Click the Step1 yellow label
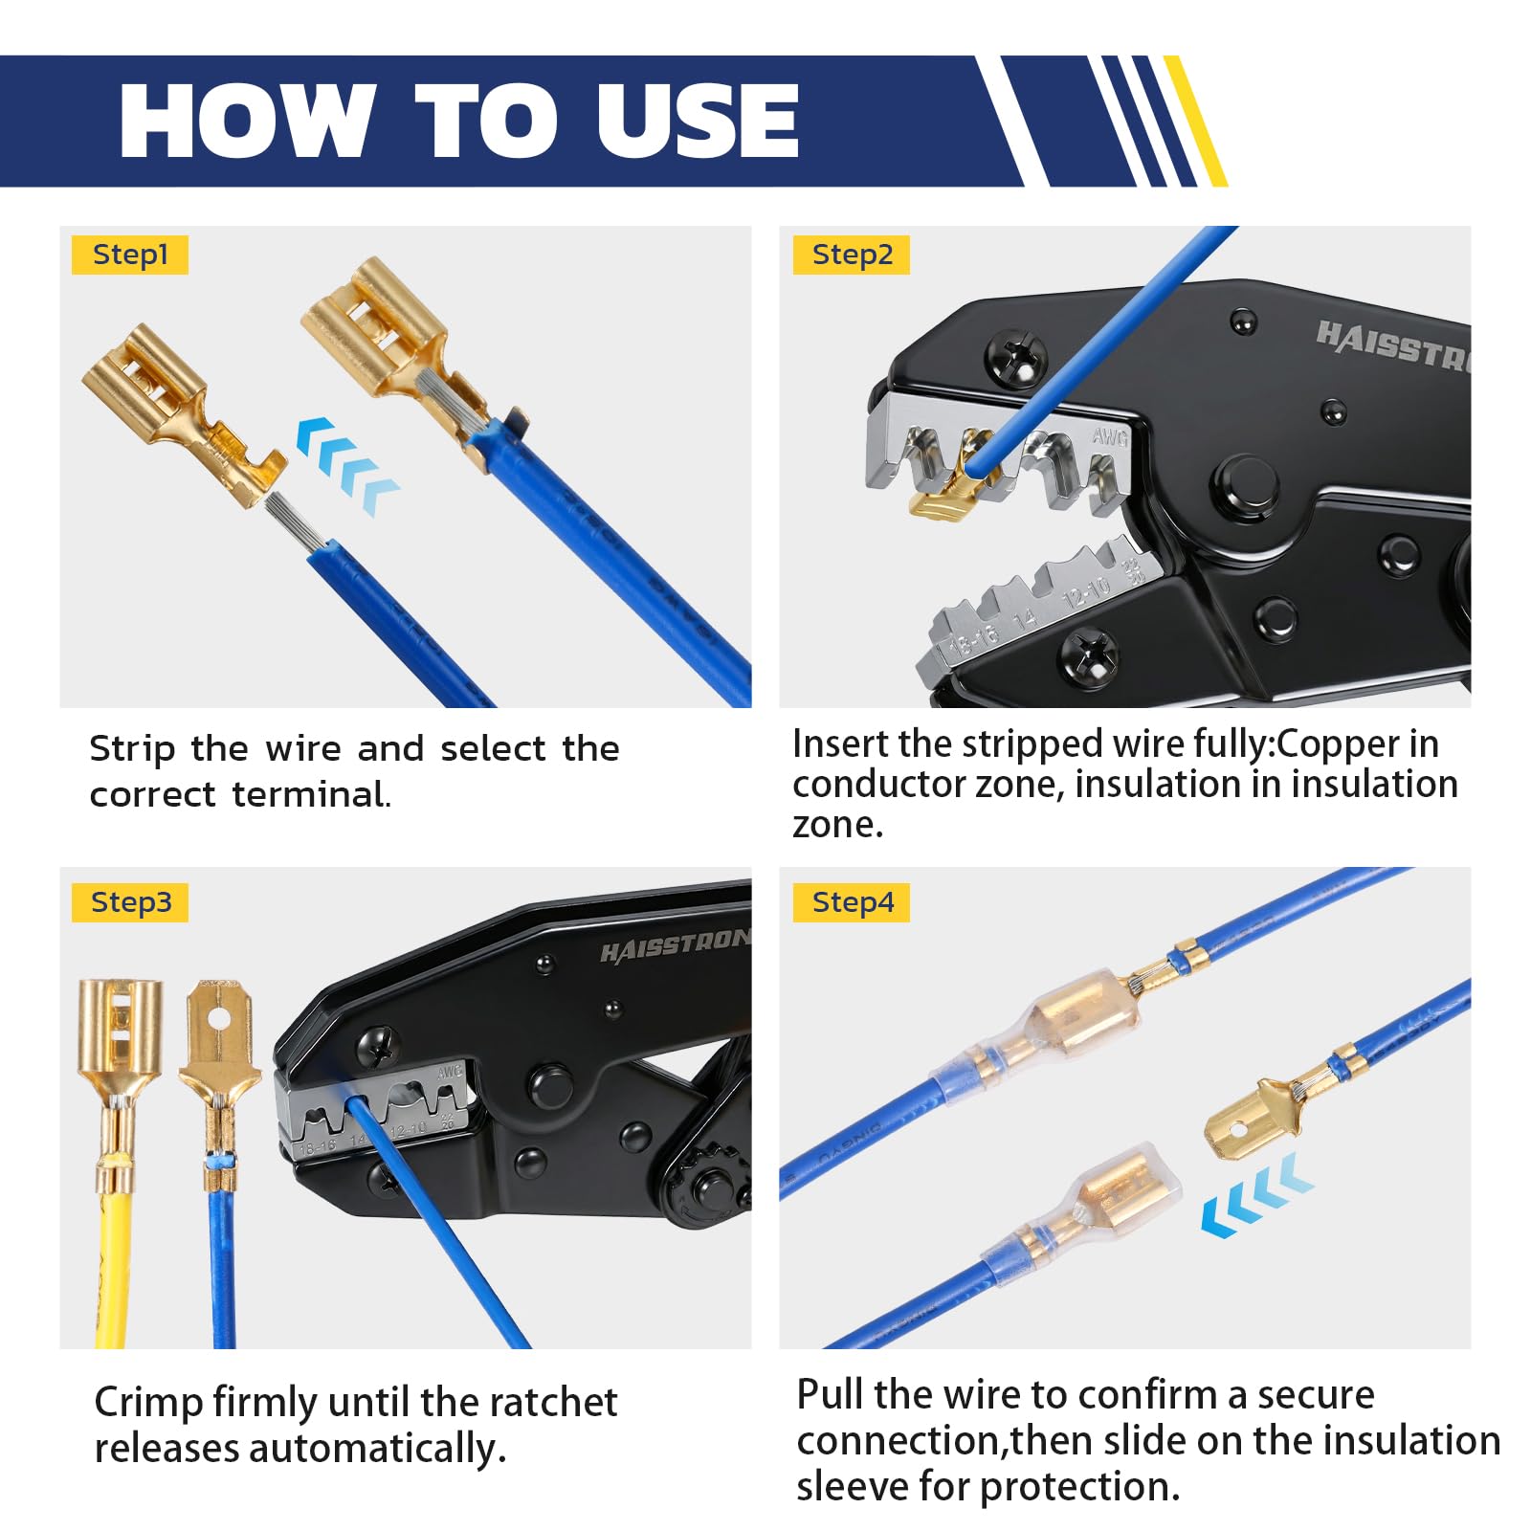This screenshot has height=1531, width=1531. point(130,255)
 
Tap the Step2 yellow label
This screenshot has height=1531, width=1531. point(851,255)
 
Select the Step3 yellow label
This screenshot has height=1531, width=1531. point(130,902)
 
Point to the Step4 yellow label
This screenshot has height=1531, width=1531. point(851,902)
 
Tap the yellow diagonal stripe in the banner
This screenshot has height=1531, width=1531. point(1196,122)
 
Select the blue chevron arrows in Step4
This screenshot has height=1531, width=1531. point(1256,1196)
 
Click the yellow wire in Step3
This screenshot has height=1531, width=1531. point(113,1263)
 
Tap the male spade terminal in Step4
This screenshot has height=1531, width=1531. point(1249,1120)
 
